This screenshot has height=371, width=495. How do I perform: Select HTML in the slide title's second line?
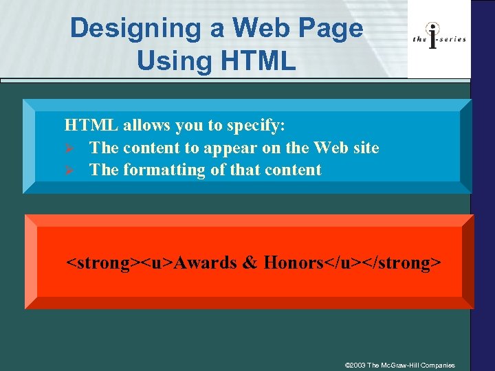[x=258, y=60]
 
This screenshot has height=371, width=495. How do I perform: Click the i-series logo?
[x=439, y=39]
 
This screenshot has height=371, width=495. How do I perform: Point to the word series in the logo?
[x=452, y=39]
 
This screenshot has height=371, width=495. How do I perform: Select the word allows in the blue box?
[x=146, y=126]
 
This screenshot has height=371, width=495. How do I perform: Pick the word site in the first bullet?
[x=366, y=148]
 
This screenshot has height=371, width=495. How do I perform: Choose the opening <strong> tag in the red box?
[x=102, y=262]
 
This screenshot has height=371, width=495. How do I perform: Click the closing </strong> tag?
[x=402, y=262]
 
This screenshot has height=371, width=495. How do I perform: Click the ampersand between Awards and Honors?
[x=250, y=262]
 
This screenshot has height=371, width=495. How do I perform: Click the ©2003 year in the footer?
[x=354, y=365]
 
